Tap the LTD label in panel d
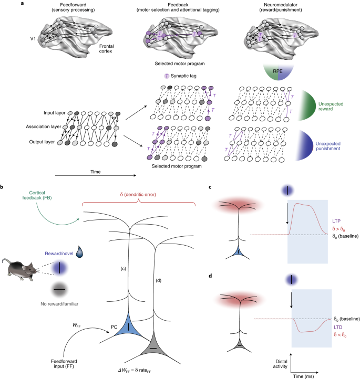point(339,327)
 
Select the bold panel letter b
point(4,187)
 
